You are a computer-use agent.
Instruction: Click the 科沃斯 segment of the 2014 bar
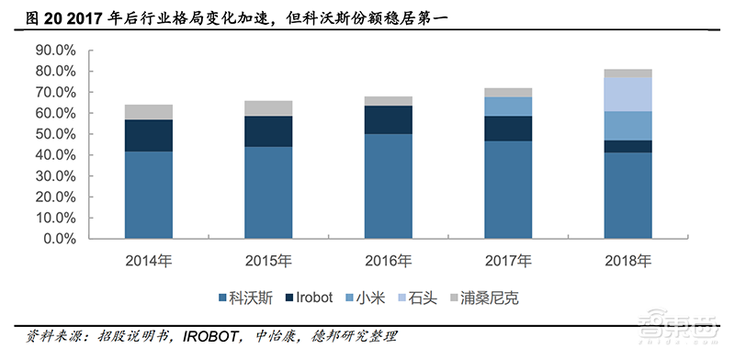[149, 194]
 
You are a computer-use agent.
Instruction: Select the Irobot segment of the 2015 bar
[269, 131]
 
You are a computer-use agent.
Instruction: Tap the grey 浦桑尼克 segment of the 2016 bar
[389, 101]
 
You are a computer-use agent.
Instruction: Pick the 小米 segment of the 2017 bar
[508, 107]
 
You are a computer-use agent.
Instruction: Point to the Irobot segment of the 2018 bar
[628, 146]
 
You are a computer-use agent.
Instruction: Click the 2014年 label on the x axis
[149, 261]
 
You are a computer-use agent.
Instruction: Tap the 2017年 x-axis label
[508, 261]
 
